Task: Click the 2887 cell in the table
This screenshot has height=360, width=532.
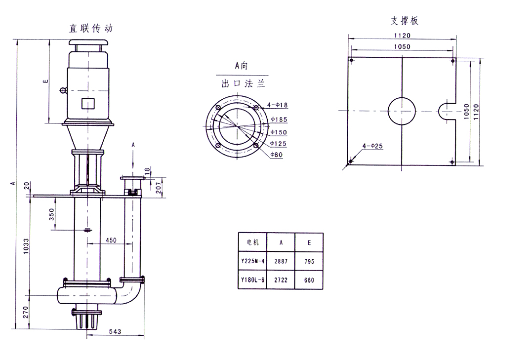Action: pos(281,261)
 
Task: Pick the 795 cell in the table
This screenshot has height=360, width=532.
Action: pos(309,261)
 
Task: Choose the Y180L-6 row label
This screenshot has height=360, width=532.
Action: pos(252,280)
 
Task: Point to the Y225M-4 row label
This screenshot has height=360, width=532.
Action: pos(252,261)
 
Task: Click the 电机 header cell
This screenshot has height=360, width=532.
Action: pos(252,242)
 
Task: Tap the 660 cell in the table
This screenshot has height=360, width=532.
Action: pos(309,280)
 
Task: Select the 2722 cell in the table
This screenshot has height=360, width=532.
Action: pos(281,280)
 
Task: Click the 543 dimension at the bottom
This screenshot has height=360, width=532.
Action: pos(115,331)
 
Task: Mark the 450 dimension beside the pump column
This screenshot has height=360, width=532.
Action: pos(111,240)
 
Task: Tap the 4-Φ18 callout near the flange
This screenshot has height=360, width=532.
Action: pos(278,105)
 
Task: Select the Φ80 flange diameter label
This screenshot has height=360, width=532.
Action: pos(277,155)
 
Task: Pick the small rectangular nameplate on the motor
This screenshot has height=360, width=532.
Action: pos(88,103)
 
